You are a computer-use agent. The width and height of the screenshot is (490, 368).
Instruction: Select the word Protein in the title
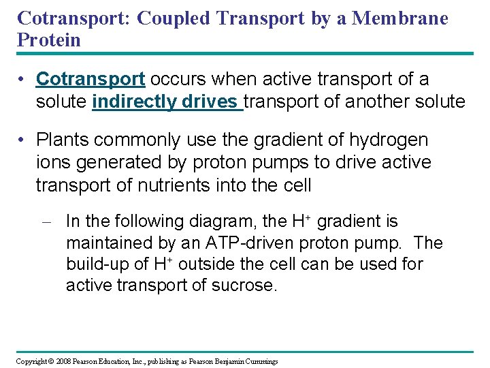click(x=49, y=40)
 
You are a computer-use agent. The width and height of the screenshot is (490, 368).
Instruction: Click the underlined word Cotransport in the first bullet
click(x=91, y=80)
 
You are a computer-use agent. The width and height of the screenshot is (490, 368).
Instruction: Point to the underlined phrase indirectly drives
click(x=167, y=102)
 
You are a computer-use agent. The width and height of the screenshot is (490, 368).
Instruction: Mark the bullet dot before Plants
click(x=22, y=140)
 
